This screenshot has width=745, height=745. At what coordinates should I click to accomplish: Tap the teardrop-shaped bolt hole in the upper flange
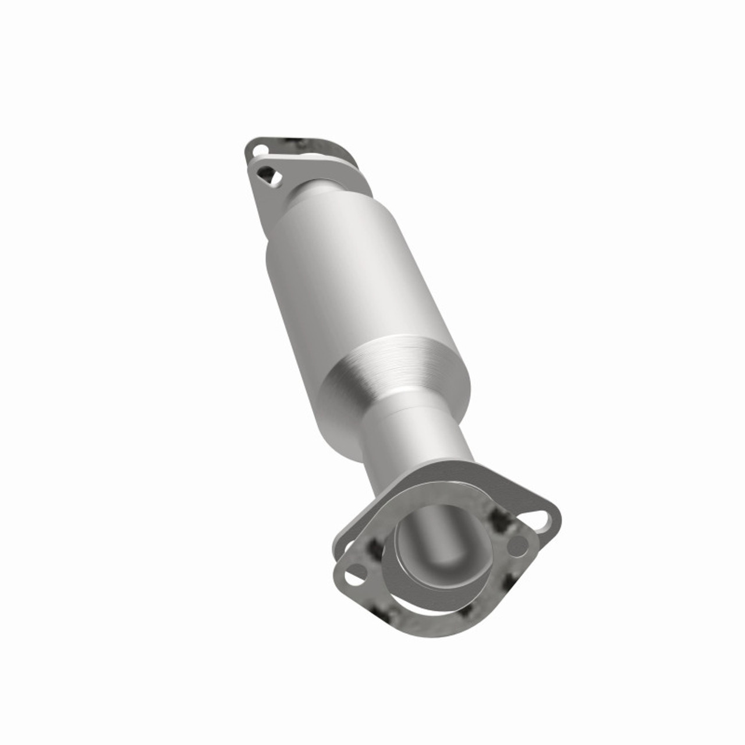(x=267, y=173)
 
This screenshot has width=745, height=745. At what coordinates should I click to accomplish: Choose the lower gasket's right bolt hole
(x=516, y=545)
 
